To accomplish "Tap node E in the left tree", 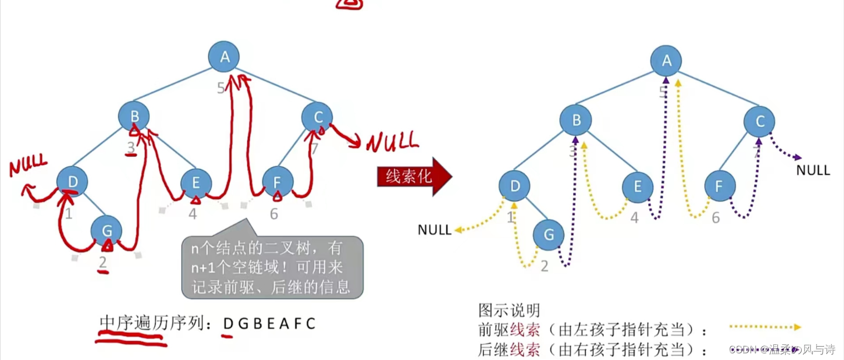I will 196,183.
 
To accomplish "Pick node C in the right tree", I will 760,121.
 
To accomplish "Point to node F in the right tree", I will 719,186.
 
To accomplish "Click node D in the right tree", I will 515,186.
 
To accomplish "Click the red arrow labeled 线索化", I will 414,177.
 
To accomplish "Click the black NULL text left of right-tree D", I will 435,230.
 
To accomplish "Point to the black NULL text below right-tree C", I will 813,170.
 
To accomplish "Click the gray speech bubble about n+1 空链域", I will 273,267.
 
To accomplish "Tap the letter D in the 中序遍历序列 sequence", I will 228,323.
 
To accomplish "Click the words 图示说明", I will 509,310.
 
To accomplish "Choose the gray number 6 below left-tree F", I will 274,214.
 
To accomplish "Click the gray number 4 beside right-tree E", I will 634,218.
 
